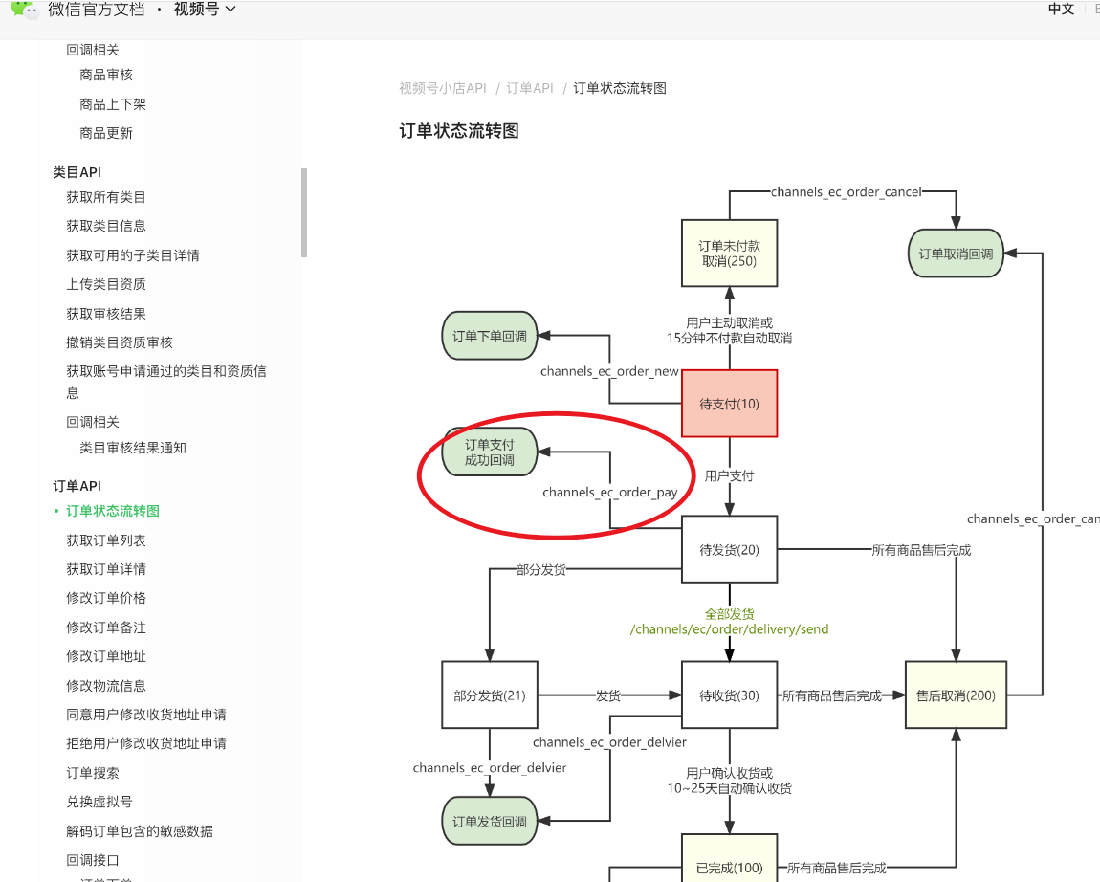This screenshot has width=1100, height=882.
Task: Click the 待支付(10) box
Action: [729, 404]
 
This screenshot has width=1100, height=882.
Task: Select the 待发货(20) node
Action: [729, 549]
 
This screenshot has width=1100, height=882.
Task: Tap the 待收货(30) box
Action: [729, 695]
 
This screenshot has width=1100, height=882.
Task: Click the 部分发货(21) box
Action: [489, 695]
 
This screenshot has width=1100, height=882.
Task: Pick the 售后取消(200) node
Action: [955, 695]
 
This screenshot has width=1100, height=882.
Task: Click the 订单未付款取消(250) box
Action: [729, 254]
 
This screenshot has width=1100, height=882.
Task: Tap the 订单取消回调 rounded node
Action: [955, 254]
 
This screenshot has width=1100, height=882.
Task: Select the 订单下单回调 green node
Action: [489, 336]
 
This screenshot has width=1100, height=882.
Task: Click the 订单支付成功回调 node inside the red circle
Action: [489, 452]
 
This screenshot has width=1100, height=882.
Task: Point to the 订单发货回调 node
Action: [489, 822]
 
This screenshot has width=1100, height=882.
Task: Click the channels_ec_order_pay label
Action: [610, 493]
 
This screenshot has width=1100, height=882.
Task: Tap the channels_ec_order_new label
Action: [609, 371]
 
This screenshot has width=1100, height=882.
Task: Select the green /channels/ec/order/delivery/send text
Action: [729, 629]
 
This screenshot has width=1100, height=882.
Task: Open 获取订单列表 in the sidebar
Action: [106, 540]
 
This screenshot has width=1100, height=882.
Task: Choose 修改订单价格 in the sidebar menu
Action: [106, 598]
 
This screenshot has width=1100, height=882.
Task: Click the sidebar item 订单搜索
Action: [93, 773]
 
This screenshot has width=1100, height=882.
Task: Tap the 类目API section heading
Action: [77, 172]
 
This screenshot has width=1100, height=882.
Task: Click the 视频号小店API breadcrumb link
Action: [443, 88]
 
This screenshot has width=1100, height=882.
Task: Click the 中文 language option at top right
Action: [1061, 9]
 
